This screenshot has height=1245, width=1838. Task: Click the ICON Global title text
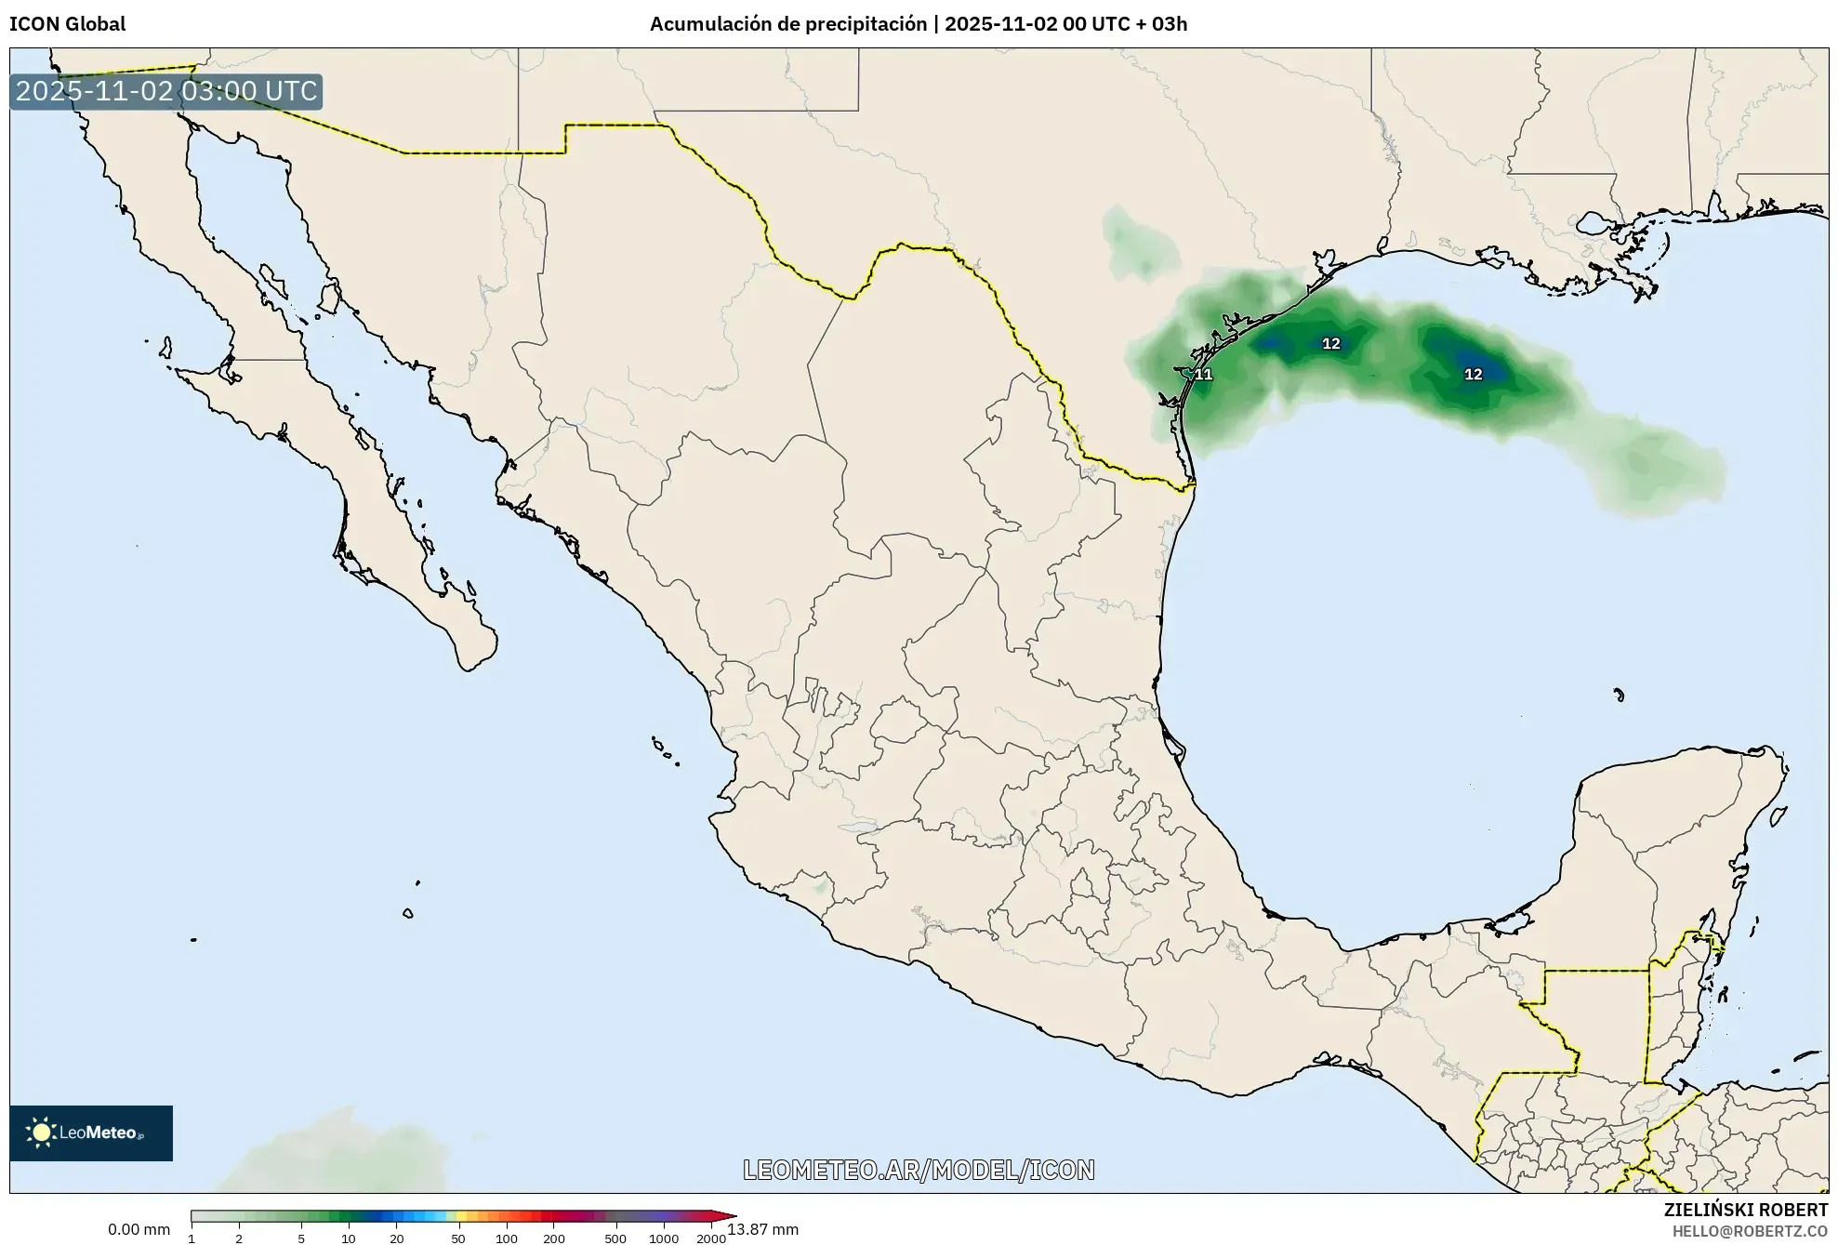67,24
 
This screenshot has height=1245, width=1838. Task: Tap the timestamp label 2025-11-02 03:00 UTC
166,91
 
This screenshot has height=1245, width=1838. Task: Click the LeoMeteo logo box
91,1132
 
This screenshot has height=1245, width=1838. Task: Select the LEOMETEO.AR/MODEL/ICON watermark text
919,1170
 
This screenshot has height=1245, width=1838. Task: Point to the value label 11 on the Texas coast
1203,375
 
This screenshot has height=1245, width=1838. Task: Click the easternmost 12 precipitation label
1473,375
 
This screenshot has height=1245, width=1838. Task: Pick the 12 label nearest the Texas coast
1330,344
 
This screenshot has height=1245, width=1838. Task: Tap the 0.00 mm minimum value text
139,1229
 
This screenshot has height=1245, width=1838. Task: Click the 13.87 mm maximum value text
762,1229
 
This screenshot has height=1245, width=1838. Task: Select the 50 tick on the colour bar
457,1238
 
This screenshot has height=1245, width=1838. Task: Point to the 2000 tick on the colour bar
711,1238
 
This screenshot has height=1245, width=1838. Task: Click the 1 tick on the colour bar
192,1238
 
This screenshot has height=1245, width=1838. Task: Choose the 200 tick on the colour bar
554,1238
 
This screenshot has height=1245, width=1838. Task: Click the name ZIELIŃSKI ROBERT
1745,1210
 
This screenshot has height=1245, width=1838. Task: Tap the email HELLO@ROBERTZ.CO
1750,1231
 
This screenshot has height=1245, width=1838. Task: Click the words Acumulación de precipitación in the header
787,24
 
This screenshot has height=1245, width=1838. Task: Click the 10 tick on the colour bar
348,1238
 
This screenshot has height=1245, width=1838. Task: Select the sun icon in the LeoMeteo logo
40,1132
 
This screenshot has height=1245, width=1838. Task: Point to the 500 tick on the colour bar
615,1238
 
